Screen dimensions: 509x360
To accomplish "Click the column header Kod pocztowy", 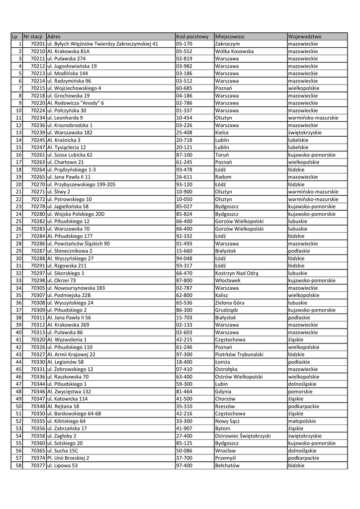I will pos(192,37).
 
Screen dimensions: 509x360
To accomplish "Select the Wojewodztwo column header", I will pos(305,37).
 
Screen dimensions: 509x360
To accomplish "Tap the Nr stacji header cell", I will pos(34,37).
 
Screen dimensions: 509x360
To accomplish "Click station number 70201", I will pos(38,44).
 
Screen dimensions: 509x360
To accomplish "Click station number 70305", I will pos(38,288).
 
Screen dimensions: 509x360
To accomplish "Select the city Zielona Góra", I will pos(230,302).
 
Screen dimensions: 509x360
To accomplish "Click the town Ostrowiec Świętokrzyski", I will pos(243,436).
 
